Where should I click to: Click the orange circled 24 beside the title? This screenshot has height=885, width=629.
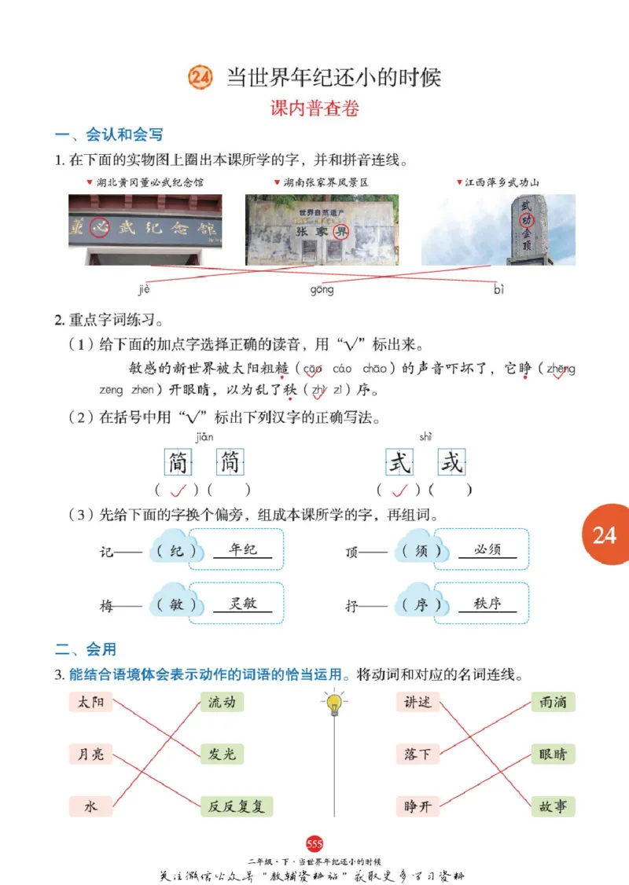[x=200, y=77]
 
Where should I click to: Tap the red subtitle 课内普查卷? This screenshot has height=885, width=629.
[x=314, y=109]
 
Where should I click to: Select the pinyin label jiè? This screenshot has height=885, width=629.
[x=144, y=290]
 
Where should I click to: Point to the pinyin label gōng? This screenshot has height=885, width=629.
[x=322, y=290]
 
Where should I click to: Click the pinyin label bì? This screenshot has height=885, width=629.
[x=498, y=290]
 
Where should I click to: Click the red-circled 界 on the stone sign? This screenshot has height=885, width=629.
[x=339, y=233]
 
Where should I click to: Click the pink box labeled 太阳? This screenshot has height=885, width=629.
[x=91, y=702]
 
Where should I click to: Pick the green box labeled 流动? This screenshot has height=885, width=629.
[x=222, y=702]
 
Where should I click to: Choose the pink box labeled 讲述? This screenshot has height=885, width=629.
[x=417, y=702]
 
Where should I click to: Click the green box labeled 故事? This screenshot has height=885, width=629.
[x=552, y=806]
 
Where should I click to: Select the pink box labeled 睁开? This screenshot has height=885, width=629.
[x=417, y=806]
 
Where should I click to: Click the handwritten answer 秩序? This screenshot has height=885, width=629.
[x=487, y=604]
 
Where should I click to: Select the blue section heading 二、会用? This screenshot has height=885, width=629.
[x=86, y=649]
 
